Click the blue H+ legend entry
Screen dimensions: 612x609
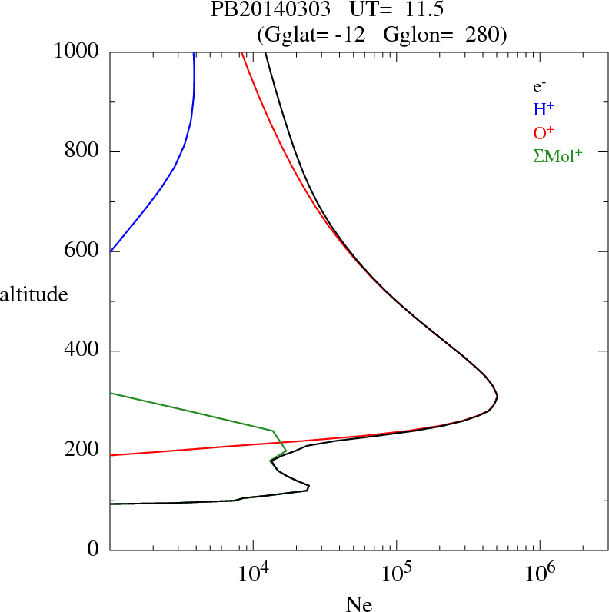click(541, 109)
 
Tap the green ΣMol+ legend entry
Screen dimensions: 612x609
click(557, 155)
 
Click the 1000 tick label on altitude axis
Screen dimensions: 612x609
click(77, 52)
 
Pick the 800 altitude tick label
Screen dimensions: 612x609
click(82, 151)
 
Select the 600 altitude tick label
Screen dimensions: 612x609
click(82, 251)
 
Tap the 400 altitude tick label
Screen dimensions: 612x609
click(82, 351)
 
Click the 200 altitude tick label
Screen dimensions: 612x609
click(82, 451)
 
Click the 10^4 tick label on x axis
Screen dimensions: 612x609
click(253, 574)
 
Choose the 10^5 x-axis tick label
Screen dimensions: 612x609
click(397, 574)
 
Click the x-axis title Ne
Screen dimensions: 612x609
click(358, 604)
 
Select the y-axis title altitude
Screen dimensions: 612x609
click(34, 294)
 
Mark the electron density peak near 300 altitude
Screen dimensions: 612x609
click(498, 397)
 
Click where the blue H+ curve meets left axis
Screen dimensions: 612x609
click(111, 251)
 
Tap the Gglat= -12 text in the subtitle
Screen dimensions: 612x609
click(314, 34)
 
